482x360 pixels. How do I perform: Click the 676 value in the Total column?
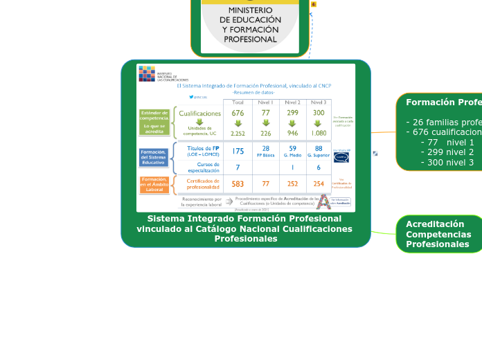point(238,113)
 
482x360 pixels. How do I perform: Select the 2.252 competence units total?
point(238,134)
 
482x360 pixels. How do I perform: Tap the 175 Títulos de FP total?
point(238,151)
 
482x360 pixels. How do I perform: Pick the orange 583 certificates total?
point(238,184)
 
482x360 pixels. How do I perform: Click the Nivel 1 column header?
point(266,102)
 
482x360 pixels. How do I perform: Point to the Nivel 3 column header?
point(319,102)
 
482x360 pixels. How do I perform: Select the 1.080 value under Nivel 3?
point(319,134)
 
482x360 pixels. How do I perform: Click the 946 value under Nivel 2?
point(292,134)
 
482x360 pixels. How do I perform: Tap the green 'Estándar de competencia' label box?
point(154,121)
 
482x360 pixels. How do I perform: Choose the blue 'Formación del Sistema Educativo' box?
point(153,157)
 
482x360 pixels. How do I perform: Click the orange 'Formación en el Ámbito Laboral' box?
point(154,184)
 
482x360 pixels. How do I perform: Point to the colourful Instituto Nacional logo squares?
point(147,73)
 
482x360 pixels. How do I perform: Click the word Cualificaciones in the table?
point(200,113)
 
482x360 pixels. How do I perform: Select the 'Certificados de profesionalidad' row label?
point(202,184)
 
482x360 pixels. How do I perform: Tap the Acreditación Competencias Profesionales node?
point(438,234)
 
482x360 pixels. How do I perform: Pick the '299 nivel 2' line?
point(447,152)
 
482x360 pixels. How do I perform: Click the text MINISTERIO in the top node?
point(250,10)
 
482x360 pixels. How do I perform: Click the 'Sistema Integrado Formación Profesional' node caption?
point(244,228)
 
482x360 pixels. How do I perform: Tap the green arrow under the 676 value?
point(238,123)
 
